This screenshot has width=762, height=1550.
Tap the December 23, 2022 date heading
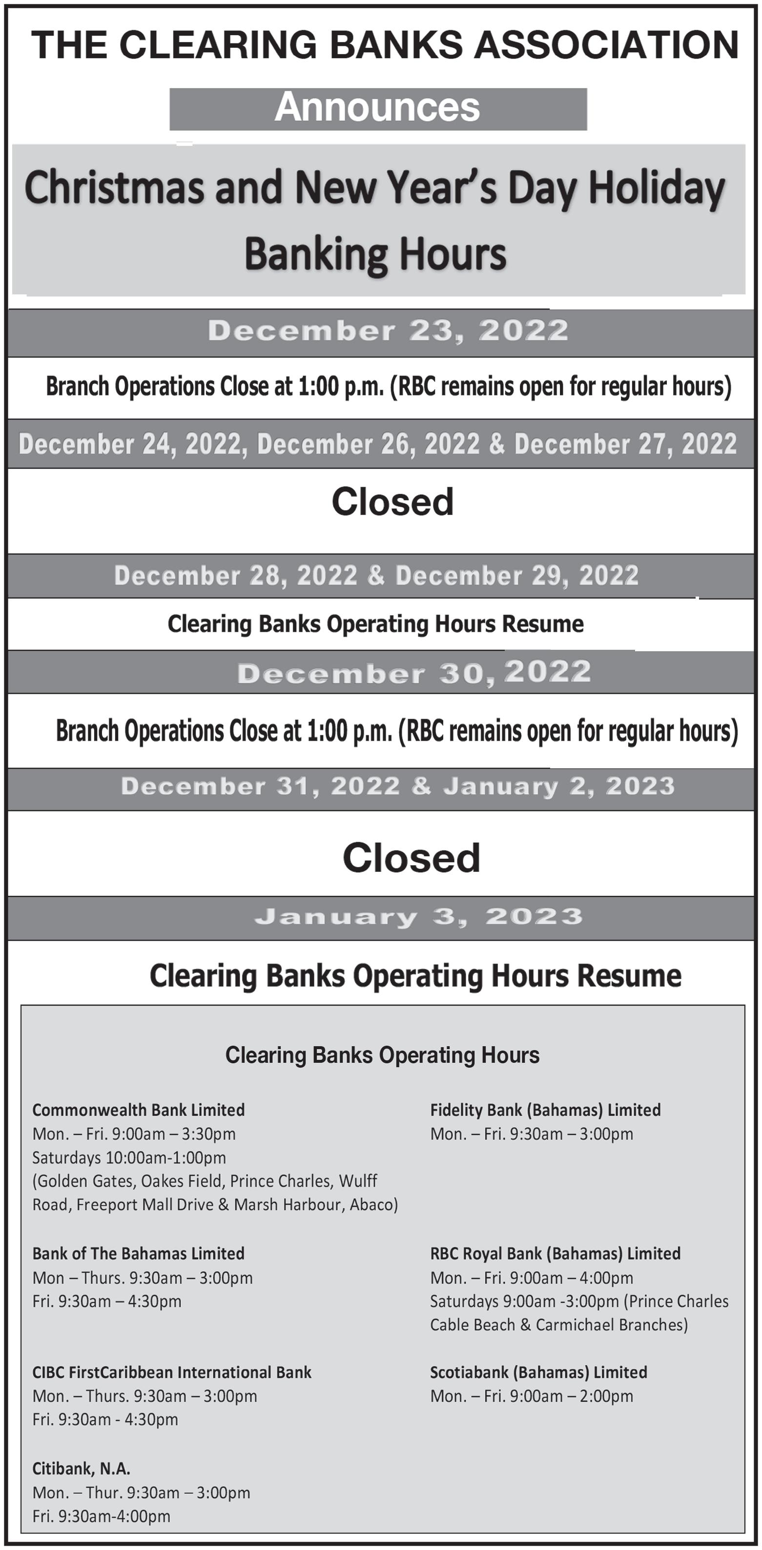(x=388, y=331)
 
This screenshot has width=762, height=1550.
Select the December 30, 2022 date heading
(x=414, y=672)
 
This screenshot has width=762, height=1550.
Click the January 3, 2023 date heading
(x=418, y=916)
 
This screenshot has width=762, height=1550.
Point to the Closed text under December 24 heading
(x=392, y=502)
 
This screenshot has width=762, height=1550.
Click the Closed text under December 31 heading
(x=411, y=857)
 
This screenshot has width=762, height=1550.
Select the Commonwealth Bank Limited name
(x=139, y=1110)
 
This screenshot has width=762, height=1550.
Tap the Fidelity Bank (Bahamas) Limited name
(x=545, y=1110)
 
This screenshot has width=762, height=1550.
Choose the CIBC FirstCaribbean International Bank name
(x=171, y=1372)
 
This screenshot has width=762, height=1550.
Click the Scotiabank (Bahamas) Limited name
(x=538, y=1372)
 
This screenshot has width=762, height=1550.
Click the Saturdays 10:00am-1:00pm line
(x=129, y=1157)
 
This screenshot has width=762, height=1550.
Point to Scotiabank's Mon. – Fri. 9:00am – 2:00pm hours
(x=532, y=1396)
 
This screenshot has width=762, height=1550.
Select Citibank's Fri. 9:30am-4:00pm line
(x=101, y=1516)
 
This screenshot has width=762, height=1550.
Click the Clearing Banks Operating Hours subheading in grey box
(x=382, y=1055)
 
